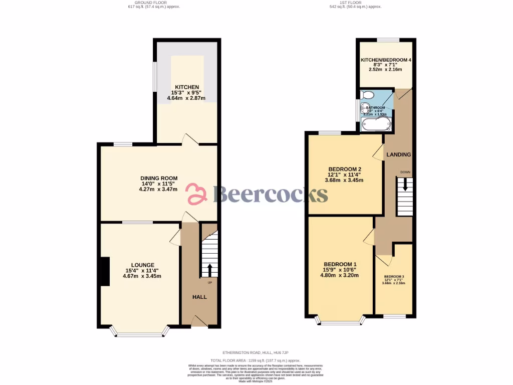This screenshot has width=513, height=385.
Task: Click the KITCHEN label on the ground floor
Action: (x=187, y=87)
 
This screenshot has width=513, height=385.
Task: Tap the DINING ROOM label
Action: (x=159, y=178)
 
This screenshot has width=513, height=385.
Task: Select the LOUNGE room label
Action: (x=143, y=265)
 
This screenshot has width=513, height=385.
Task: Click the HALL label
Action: (x=200, y=297)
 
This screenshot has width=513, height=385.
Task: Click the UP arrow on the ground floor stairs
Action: (x=209, y=270)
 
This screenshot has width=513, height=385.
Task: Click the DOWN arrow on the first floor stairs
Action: (x=405, y=186)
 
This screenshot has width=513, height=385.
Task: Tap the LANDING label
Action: (x=399, y=155)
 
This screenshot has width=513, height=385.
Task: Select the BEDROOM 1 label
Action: (x=340, y=264)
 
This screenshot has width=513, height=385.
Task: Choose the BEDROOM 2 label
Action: (x=345, y=169)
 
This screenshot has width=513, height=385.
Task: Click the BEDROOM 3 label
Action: (x=394, y=277)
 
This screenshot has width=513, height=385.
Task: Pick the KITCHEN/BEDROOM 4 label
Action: (x=386, y=60)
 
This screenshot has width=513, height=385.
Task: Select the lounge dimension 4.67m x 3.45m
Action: (x=143, y=276)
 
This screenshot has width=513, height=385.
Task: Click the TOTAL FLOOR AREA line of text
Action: (x=255, y=360)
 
